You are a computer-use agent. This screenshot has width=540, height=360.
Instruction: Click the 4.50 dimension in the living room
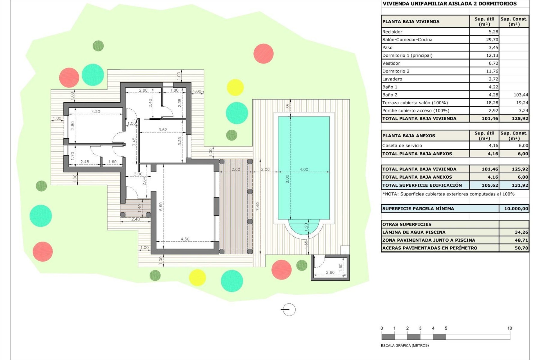(x=185, y=239)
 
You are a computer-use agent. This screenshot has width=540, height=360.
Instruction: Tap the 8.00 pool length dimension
(x=287, y=179)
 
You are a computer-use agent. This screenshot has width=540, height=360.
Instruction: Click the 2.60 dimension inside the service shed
(x=330, y=272)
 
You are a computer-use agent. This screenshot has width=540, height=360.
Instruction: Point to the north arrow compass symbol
(x=289, y=310)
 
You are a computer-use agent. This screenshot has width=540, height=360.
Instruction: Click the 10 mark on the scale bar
(x=510, y=328)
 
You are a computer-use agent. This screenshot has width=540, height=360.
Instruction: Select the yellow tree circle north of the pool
(x=235, y=87)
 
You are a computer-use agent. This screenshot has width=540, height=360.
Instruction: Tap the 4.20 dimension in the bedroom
(x=96, y=112)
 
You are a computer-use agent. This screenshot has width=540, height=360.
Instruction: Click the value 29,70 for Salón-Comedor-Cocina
(x=492, y=40)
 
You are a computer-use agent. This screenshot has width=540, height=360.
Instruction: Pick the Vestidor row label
(x=391, y=63)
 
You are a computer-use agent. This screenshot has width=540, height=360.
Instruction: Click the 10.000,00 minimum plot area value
(x=516, y=209)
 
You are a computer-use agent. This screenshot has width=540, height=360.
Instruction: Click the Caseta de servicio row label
(x=402, y=146)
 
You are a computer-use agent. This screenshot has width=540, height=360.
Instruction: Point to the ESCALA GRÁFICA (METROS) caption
(x=405, y=345)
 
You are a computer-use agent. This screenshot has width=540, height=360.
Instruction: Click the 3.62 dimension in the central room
(x=163, y=130)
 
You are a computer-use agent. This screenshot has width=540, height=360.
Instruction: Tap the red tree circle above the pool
(x=263, y=53)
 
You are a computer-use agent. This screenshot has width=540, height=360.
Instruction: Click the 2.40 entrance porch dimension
(x=135, y=219)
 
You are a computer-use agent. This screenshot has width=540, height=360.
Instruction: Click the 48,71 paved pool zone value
(x=521, y=240)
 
